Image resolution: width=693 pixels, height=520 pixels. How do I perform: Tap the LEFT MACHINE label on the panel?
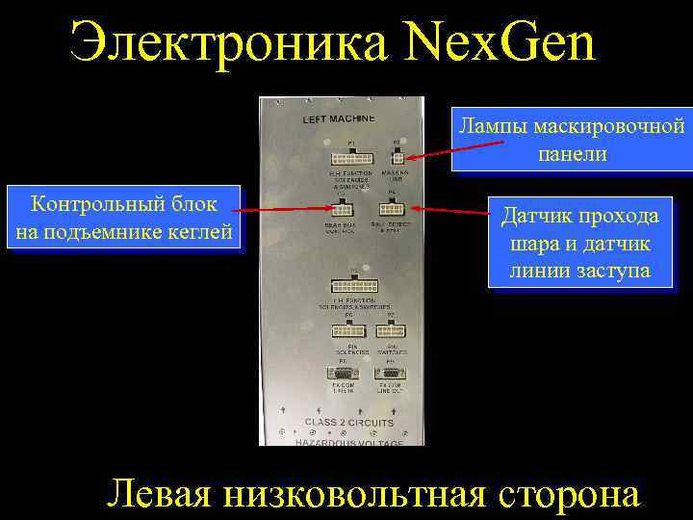(340, 119)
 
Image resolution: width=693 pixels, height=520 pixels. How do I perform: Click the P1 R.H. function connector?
(345, 157)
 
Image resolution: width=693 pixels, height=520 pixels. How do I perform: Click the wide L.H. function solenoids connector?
(355, 286)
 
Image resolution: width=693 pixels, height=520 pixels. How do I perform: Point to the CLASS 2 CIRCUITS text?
(348, 422)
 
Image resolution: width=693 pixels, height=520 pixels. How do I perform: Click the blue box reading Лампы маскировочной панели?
(572, 141)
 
